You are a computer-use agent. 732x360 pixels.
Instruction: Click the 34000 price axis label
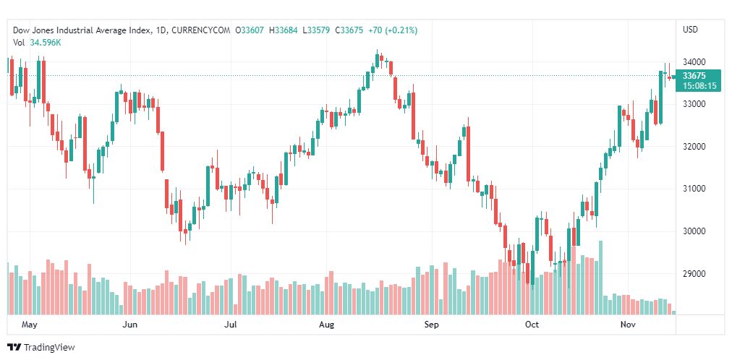point(694,62)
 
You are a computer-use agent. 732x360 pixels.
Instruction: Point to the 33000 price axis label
point(694,104)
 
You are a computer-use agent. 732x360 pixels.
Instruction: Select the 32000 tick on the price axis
point(694,147)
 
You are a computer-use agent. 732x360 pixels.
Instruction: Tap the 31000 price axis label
point(694,189)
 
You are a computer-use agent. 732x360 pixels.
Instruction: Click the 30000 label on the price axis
point(694,231)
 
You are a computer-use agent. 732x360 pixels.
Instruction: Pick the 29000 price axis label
point(694,274)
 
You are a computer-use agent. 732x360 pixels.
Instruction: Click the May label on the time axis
point(29,325)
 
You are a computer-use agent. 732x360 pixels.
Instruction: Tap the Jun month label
point(130,325)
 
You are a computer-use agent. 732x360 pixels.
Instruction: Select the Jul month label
point(231,325)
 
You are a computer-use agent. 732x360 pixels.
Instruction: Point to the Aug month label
point(326,325)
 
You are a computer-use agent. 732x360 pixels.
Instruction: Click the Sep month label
point(431,325)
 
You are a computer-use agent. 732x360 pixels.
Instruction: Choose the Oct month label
point(532,325)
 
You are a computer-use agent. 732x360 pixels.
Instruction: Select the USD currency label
point(690,30)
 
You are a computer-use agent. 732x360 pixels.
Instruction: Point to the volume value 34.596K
point(45,43)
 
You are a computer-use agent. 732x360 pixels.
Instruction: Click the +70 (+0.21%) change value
point(392,30)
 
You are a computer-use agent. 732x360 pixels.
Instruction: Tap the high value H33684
point(284,30)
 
